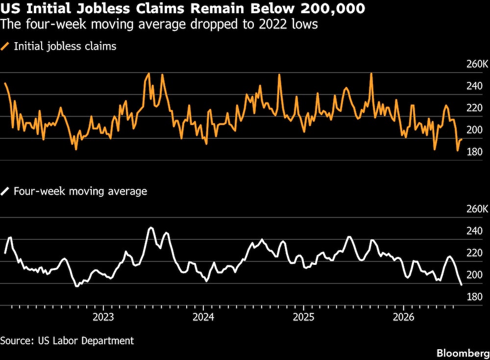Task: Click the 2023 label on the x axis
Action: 103,317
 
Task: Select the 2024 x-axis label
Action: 203,317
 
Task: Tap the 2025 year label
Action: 303,317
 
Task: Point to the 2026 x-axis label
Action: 403,317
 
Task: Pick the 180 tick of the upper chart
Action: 474,152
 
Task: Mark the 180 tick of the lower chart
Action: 474,297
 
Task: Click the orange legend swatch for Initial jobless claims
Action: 5,47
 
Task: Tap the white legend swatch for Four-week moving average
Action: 5,191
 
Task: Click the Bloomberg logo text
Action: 463,353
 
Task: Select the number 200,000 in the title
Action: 333,8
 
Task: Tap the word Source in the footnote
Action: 17,340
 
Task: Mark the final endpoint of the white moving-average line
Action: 462,284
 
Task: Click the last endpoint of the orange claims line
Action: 462,139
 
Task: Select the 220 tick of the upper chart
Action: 474,108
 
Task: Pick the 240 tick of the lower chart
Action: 474,231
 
